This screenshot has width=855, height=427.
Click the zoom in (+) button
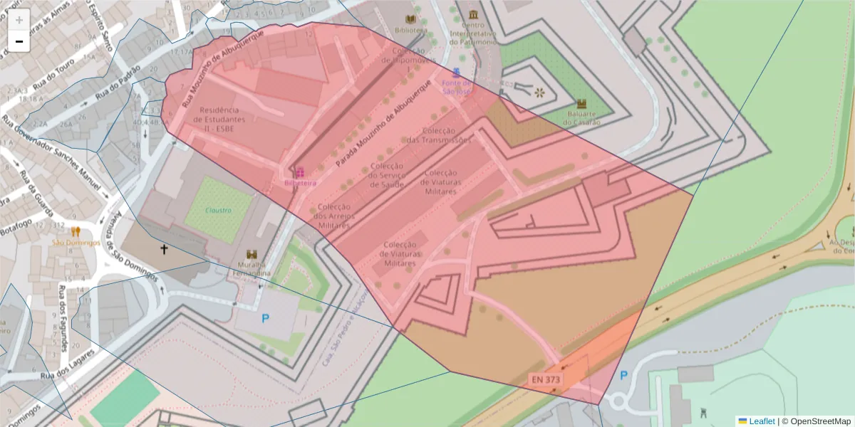(x=19, y=20)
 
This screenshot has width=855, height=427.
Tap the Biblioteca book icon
(x=410, y=19)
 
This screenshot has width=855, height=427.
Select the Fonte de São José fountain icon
(x=457, y=73)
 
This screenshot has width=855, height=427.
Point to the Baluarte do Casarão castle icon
(x=581, y=103)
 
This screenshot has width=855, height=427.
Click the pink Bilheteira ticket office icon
(x=300, y=172)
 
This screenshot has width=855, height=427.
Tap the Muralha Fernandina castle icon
(x=251, y=254)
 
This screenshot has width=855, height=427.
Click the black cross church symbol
(x=164, y=249)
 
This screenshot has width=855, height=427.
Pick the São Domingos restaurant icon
(x=76, y=231)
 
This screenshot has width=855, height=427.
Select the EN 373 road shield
(x=546, y=379)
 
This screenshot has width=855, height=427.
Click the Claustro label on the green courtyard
(x=219, y=210)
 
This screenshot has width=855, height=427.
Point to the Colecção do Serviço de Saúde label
(x=387, y=175)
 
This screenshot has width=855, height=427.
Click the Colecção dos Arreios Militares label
(x=332, y=216)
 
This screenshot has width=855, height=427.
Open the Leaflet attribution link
(x=761, y=421)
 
